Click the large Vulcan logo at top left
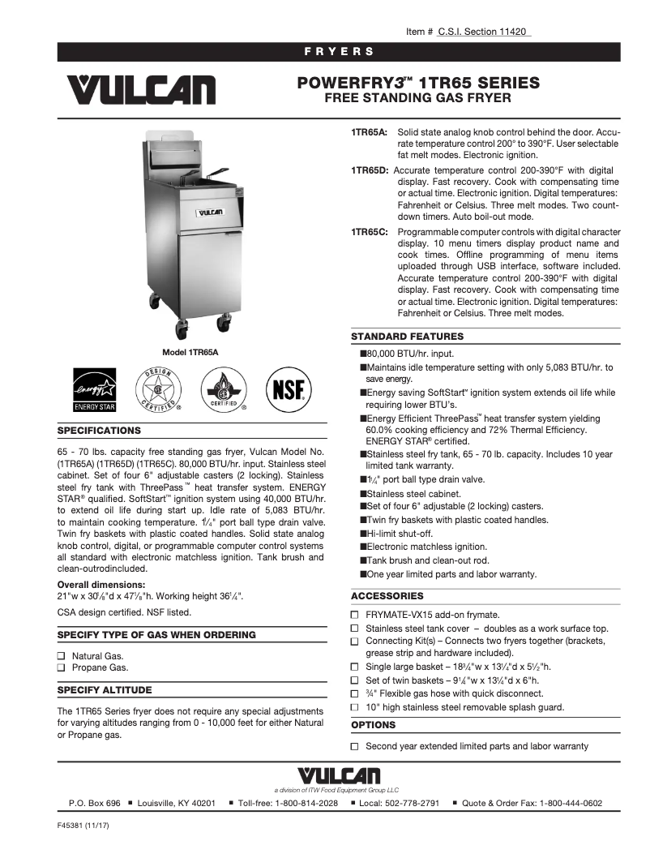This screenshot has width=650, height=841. (x=141, y=90)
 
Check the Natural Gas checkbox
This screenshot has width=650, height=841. (x=62, y=655)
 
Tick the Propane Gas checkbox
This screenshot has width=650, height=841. (x=62, y=668)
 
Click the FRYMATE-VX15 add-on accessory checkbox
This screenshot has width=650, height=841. (x=354, y=615)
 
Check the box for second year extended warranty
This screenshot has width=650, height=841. (x=354, y=746)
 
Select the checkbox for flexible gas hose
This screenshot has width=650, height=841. (x=354, y=694)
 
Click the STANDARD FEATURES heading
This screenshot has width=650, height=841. (x=407, y=337)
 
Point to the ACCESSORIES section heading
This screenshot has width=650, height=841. (x=387, y=596)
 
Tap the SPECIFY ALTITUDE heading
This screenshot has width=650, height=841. (x=105, y=690)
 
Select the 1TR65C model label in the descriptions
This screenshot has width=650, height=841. (x=370, y=231)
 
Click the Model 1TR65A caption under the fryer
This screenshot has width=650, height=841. (x=190, y=351)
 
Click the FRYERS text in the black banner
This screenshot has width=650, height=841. (x=339, y=52)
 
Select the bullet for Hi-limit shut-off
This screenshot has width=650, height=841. (x=362, y=534)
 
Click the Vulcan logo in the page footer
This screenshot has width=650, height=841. (x=339, y=776)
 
